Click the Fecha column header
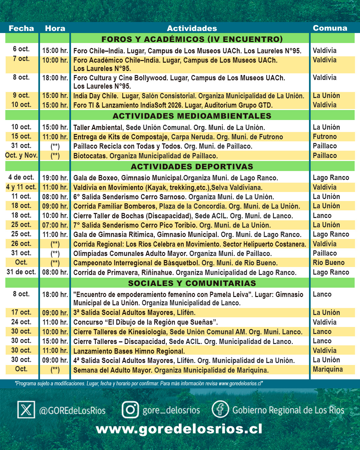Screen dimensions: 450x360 [21, 28]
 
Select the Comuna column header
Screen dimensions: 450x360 [330, 28]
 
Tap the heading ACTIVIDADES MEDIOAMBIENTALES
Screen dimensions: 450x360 [192, 116]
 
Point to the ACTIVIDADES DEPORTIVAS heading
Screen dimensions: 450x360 [192, 167]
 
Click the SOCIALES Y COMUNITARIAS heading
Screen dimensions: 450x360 [192, 283]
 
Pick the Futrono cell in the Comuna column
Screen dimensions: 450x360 [325, 137]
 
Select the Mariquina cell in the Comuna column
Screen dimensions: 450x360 [328, 369]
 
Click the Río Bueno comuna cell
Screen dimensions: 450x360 [329, 263]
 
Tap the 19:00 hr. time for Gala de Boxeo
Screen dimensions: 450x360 [55, 178]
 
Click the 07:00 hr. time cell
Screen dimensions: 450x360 [55, 225]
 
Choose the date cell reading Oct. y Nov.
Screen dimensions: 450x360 [21, 155]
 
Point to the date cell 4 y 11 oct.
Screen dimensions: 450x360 [21, 187]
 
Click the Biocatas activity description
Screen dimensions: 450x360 [145, 156]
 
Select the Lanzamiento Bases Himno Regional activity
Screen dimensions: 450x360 [129, 351]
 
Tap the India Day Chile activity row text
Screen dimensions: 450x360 [189, 96]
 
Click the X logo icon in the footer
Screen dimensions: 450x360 [26, 410]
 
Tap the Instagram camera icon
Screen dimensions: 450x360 [130, 409]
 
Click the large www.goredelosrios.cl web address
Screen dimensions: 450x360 [179, 429]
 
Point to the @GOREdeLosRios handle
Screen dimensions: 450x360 [72, 411]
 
